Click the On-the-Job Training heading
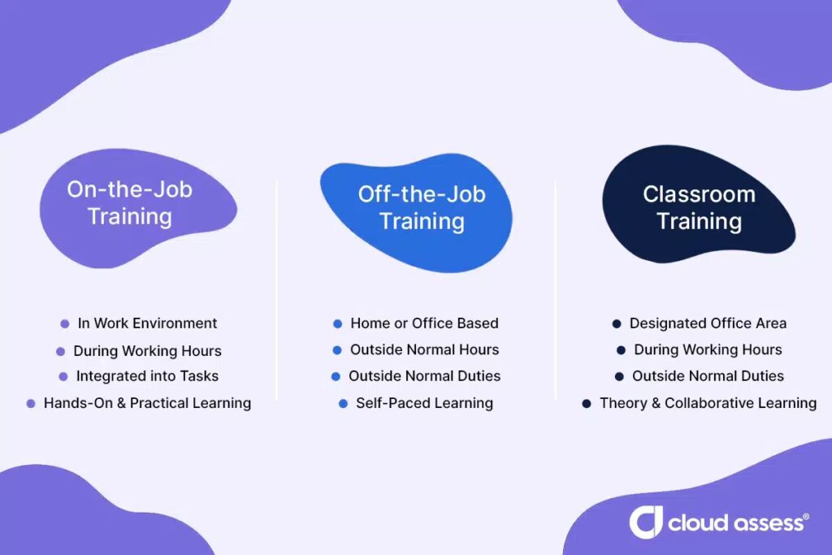(129, 203)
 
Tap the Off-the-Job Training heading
(422, 208)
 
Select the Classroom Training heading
(700, 208)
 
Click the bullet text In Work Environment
(148, 323)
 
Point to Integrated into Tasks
(148, 376)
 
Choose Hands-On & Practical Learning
(148, 403)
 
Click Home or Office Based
(424, 323)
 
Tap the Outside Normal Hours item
(424, 349)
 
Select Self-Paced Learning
(424, 403)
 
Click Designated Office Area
(708, 323)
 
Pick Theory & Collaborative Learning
(708, 403)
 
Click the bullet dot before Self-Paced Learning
(344, 404)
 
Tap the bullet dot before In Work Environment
(65, 323)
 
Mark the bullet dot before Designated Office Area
(617, 323)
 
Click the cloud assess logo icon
(646, 522)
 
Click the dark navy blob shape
(698, 204)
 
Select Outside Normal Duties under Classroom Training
(708, 376)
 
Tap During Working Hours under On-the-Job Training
(148, 351)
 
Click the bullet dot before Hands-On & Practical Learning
(31, 404)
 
